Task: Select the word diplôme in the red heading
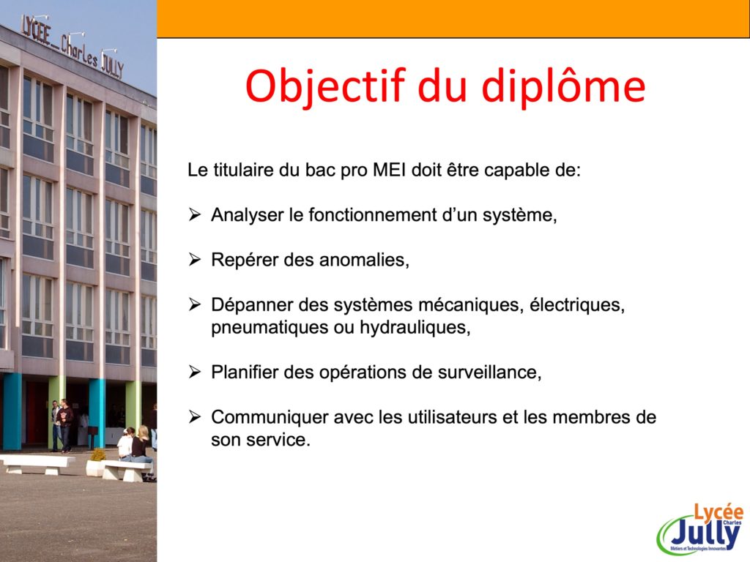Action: (563, 86)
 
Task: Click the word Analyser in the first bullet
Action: (248, 215)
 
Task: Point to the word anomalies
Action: (364, 260)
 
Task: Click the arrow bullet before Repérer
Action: (195, 260)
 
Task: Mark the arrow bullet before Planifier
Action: (195, 372)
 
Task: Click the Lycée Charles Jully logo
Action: (700, 528)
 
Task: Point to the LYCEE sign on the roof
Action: (36, 30)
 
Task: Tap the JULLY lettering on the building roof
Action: (113, 66)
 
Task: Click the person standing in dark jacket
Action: (64, 425)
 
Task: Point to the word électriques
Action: (577, 305)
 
